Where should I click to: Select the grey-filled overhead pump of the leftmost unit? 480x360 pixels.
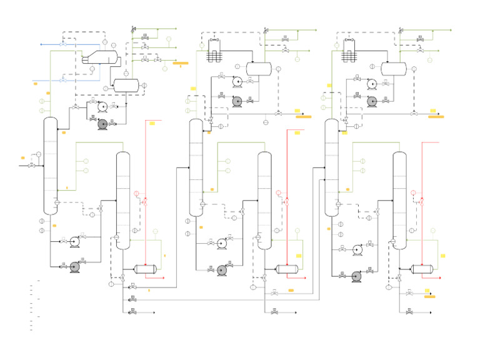(x=103, y=124)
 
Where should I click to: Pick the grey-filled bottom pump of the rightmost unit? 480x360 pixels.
(x=357, y=276)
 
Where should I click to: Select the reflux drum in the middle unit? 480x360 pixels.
(x=257, y=69)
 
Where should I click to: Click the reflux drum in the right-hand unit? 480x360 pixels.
(x=394, y=69)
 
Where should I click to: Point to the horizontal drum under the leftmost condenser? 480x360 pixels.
(x=126, y=84)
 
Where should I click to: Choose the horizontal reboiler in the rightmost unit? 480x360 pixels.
(x=422, y=269)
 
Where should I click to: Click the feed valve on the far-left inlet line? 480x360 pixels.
(x=32, y=166)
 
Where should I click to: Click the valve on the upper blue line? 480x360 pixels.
(x=62, y=44)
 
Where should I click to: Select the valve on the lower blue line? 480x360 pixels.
(x=62, y=81)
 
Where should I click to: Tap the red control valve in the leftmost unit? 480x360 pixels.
(x=144, y=202)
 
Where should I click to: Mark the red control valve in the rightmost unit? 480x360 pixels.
(x=422, y=202)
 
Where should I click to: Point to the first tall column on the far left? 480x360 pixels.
(x=50, y=166)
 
